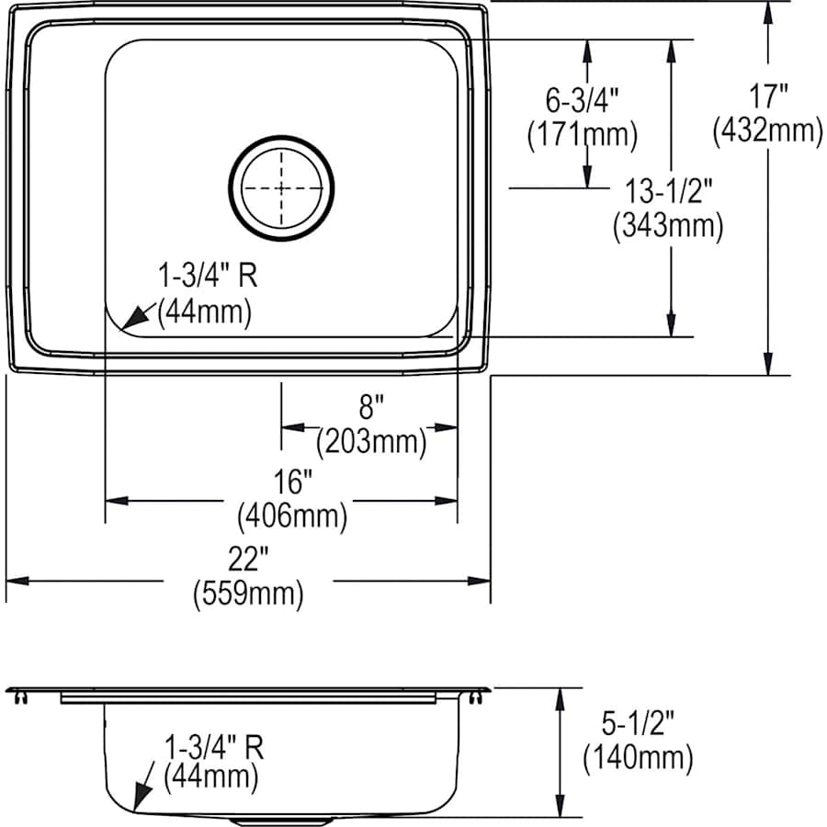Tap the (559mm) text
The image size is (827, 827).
click(x=247, y=595)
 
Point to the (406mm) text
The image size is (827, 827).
click(x=292, y=516)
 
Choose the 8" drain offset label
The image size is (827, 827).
click(x=370, y=405)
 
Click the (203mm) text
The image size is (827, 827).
click(x=370, y=443)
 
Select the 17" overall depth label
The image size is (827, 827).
click(x=767, y=95)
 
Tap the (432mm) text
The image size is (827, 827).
click(x=767, y=131)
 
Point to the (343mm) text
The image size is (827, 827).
click(x=669, y=225)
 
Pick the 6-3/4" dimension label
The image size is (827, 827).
click(x=582, y=97)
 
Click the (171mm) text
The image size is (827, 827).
click(x=582, y=135)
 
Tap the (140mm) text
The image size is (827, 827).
click(x=637, y=759)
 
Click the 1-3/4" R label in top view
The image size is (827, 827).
click(x=207, y=276)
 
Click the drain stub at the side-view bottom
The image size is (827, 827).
click(x=281, y=817)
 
